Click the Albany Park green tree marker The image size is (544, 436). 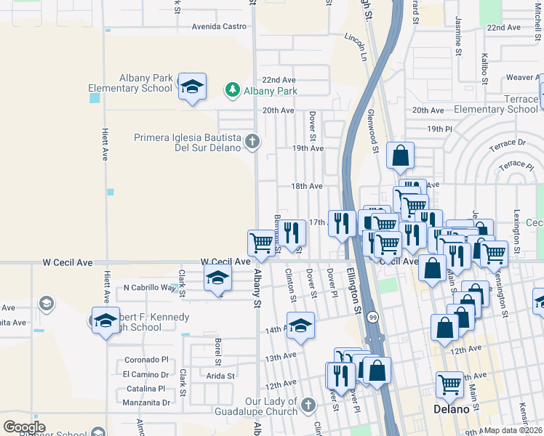click(x=233, y=90)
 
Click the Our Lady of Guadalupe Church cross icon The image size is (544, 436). click(x=308, y=404)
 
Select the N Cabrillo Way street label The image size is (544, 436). click(x=150, y=287)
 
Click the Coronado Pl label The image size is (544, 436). click(x=146, y=359)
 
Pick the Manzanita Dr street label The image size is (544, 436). click(x=146, y=402)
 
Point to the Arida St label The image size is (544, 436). click(x=220, y=376)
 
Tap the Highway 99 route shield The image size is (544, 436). click(x=372, y=317)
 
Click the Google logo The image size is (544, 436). click(x=24, y=427)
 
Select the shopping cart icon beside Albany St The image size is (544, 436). click(x=261, y=242)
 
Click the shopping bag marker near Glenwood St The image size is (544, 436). click(x=400, y=155)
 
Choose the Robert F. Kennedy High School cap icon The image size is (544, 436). click(x=105, y=320)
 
